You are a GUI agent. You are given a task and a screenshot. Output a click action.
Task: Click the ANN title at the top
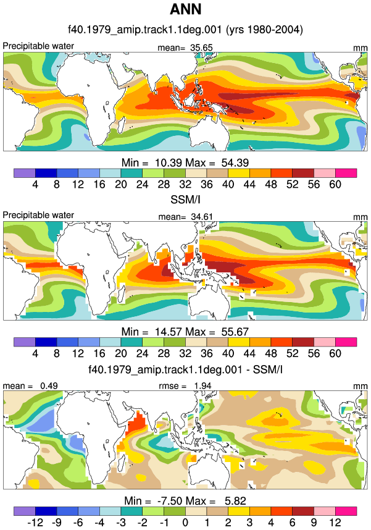[x=185, y=9]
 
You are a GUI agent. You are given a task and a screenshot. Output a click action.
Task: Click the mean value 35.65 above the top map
[x=201, y=48]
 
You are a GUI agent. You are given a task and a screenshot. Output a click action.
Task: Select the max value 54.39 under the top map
[x=235, y=162]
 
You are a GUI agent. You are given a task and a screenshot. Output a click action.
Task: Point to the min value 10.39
[x=169, y=162]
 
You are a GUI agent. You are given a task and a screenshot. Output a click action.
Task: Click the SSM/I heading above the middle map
[x=185, y=200]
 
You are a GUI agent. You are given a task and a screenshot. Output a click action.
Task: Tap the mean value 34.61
[x=202, y=217]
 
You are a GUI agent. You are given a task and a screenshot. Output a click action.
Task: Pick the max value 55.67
[x=235, y=332]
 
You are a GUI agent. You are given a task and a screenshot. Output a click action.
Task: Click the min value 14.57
[x=169, y=332]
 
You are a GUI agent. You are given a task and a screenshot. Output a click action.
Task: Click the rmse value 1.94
[x=202, y=385]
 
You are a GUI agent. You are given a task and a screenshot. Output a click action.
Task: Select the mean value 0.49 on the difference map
[x=49, y=385]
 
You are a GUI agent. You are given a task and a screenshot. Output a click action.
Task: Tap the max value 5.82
[x=235, y=500]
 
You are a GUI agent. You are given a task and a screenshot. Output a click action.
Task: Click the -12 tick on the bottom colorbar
[x=35, y=523]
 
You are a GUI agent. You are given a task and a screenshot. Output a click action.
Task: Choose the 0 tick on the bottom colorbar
[x=185, y=523]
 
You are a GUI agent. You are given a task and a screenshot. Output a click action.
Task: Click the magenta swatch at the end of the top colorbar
[x=346, y=173]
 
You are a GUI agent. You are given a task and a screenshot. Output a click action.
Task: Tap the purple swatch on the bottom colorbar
[x=24, y=511]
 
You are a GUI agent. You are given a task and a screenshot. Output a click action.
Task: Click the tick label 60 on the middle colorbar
[x=335, y=353]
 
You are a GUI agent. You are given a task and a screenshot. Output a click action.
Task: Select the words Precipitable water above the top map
[x=38, y=46]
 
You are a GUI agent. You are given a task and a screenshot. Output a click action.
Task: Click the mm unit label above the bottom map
[x=360, y=386]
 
